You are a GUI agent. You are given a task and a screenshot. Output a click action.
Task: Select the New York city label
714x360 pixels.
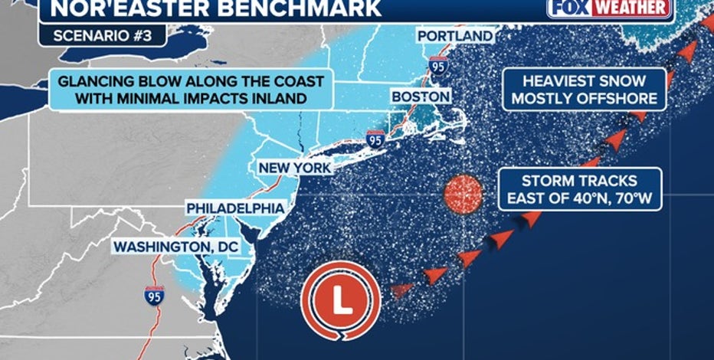click(294, 168)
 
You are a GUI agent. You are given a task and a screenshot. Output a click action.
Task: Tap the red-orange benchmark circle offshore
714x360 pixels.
click(463, 194)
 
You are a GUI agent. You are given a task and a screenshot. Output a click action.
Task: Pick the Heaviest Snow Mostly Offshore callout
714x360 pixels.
click(585, 90)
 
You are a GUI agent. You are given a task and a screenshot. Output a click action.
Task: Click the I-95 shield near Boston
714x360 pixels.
click(375, 139)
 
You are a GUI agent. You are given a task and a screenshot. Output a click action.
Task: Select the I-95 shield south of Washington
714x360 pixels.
click(154, 296)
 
